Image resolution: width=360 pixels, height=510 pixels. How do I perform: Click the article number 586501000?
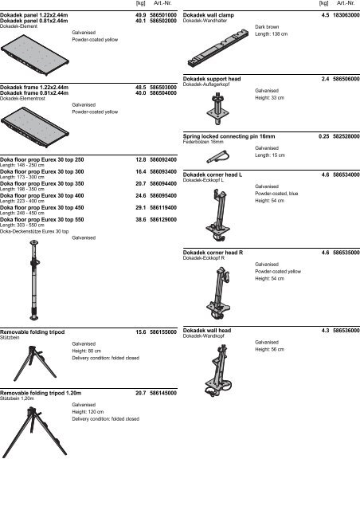[x=162, y=15]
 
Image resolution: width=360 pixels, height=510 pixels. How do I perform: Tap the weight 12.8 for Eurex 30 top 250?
[x=140, y=160]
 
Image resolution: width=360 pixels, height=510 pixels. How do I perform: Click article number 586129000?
[x=162, y=218]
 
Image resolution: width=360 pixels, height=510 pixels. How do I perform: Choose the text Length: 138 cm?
[x=272, y=34]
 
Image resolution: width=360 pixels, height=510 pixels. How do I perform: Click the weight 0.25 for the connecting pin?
[x=323, y=136]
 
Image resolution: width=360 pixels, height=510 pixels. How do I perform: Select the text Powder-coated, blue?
[x=277, y=192]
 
